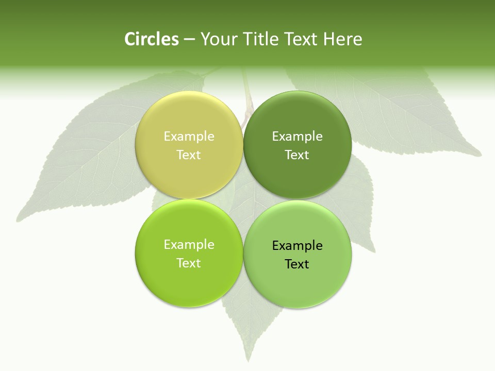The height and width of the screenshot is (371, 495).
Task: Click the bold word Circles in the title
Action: [151, 39]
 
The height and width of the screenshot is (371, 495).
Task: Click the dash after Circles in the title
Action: [189, 40]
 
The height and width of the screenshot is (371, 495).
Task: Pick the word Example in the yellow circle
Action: [189, 136]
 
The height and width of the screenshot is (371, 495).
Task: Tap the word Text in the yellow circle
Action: [189, 155]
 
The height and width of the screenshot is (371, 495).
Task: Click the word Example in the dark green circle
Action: [297, 136]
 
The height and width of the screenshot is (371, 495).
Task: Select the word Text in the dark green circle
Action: [297, 155]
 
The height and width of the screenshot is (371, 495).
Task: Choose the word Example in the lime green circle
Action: [189, 244]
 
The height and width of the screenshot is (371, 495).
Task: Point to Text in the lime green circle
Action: [189, 263]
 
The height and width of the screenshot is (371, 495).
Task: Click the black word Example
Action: [297, 245]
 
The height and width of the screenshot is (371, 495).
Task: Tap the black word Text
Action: [297, 264]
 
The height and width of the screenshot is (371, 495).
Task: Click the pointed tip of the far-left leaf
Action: [18, 221]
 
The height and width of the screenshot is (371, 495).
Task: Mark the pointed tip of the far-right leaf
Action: [481, 154]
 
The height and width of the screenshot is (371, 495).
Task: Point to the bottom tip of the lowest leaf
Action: [246, 361]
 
